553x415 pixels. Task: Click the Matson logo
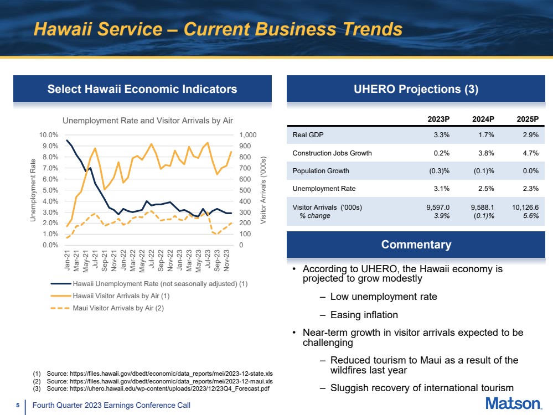point(514,403)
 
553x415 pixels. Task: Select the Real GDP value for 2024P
point(486,134)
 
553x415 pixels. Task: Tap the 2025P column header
point(528,119)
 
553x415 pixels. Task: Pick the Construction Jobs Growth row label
point(332,153)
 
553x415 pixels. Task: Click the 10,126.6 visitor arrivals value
point(525,207)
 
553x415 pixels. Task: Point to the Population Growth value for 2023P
point(439,171)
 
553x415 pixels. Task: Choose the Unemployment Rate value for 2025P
point(530,189)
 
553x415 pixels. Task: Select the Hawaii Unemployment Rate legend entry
point(149,283)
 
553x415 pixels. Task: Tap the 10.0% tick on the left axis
point(49,134)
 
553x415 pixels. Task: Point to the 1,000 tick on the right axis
point(248,134)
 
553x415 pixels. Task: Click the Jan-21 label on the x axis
point(67,260)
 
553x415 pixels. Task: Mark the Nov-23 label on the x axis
point(226,260)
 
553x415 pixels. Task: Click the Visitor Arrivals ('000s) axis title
point(263,190)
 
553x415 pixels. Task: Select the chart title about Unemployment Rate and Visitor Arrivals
point(148,121)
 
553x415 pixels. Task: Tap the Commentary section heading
point(416,245)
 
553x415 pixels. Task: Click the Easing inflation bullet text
point(364,314)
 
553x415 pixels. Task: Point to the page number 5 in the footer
point(18,406)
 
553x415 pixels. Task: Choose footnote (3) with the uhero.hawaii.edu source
point(151,388)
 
